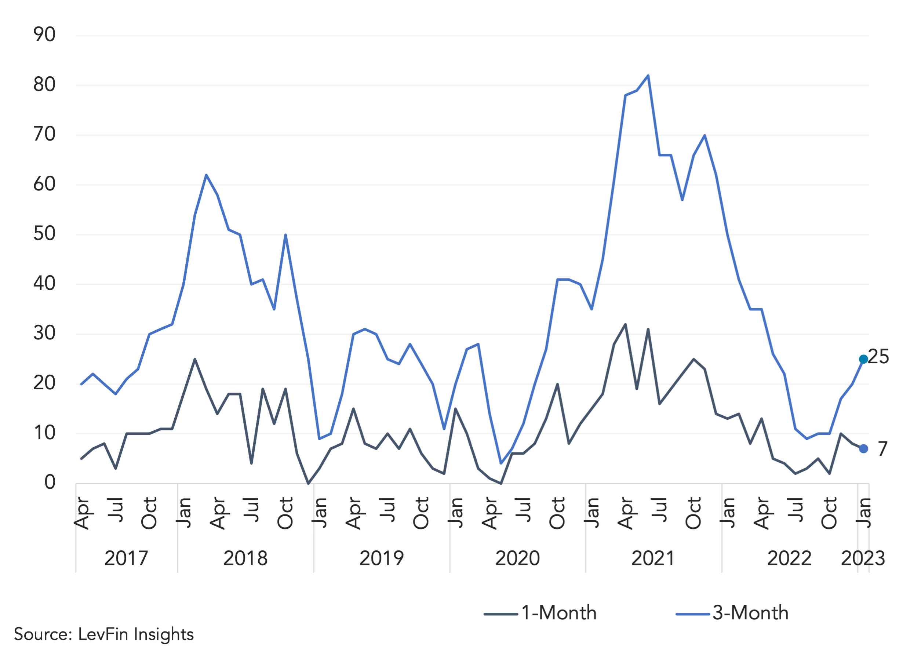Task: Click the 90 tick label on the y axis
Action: (x=44, y=35)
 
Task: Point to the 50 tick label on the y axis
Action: (x=44, y=234)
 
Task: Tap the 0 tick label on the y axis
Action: (x=50, y=482)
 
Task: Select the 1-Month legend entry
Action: (x=540, y=613)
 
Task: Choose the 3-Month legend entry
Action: (x=732, y=613)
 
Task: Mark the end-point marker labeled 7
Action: (x=863, y=449)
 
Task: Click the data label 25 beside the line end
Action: (x=878, y=357)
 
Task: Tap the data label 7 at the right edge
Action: (x=883, y=449)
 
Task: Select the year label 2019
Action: (x=381, y=558)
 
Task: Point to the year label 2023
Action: (x=863, y=558)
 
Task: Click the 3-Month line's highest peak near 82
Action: (x=648, y=75)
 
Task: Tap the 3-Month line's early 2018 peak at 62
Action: (x=206, y=175)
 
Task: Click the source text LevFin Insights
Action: (x=136, y=634)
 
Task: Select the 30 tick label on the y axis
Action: (x=44, y=333)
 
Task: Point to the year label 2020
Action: (x=517, y=558)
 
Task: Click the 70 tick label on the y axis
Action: (x=44, y=134)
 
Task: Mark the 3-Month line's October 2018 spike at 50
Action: (x=285, y=234)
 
